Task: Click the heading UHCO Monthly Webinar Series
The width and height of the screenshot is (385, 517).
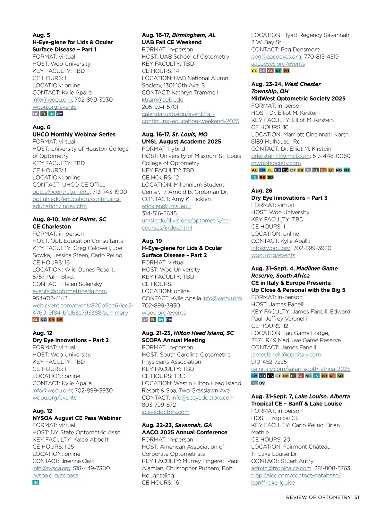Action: (x=74, y=135)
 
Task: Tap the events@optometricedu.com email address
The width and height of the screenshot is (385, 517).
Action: (x=69, y=291)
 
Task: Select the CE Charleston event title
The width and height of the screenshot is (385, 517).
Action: (x=52, y=227)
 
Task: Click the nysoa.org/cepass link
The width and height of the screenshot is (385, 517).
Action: (x=55, y=476)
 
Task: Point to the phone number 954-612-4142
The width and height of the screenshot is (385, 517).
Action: (x=50, y=298)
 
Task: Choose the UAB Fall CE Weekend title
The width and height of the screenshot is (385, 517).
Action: (x=172, y=42)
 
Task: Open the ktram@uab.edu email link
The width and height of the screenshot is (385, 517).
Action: (x=162, y=100)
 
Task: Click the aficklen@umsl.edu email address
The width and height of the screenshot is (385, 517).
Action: (x=166, y=206)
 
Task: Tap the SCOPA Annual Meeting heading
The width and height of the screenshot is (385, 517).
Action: (x=174, y=340)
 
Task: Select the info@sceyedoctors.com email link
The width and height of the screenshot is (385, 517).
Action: (x=203, y=398)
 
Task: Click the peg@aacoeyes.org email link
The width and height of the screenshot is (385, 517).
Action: (x=276, y=57)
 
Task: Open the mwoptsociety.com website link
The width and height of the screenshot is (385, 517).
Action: (x=276, y=163)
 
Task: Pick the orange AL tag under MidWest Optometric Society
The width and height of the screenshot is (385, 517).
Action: (x=254, y=170)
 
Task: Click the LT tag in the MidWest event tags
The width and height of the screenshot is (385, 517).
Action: (x=331, y=170)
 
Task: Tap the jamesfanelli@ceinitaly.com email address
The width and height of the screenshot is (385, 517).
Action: (x=286, y=355)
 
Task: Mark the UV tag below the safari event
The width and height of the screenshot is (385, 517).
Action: (x=262, y=383)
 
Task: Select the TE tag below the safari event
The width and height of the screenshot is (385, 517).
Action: (x=254, y=383)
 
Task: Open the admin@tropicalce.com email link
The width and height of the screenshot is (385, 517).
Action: (x=281, y=469)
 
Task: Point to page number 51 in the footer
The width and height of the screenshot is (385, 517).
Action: (x=357, y=497)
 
